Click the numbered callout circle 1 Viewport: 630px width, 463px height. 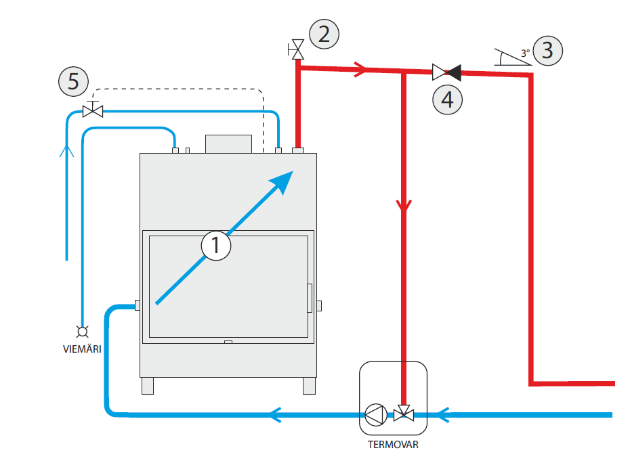(216, 245)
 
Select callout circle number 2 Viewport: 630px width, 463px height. (324, 34)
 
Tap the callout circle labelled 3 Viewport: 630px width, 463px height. (547, 51)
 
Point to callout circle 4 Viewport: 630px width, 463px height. (447, 99)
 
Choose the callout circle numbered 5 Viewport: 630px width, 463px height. (73, 82)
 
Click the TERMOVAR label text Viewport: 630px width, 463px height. (393, 445)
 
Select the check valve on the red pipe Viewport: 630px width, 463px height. (446, 70)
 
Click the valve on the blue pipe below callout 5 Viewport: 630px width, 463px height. (92, 110)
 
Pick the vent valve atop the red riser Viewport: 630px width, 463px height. (296, 49)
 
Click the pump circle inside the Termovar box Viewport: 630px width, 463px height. (375, 413)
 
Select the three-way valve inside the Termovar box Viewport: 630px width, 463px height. (404, 412)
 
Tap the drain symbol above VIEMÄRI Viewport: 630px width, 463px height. (83, 331)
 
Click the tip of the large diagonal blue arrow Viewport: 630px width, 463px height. (290, 175)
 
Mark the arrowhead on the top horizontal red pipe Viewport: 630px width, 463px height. (360, 68)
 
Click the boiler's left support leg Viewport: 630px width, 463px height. (147, 386)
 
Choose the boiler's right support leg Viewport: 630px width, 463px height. (309, 386)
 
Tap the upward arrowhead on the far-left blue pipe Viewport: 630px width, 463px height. (66, 150)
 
